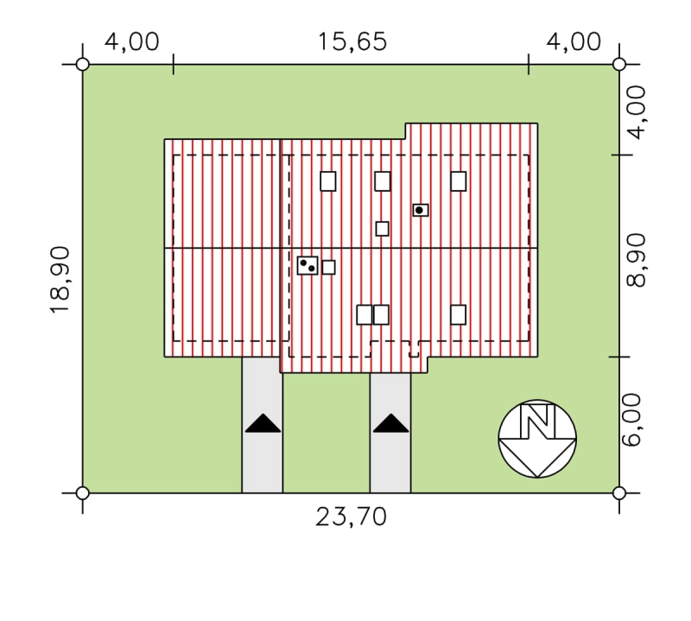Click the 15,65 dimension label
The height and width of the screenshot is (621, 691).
(352, 42)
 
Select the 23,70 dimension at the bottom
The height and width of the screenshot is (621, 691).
(352, 516)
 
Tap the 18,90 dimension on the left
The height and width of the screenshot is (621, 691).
(60, 280)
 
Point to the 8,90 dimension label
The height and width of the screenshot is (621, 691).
(636, 260)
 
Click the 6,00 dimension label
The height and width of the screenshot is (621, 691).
(634, 420)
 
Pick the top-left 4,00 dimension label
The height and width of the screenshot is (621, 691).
(132, 42)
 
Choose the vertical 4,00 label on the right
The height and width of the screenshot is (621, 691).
(636, 112)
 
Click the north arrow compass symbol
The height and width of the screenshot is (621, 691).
(537, 439)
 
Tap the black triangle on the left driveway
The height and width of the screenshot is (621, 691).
(263, 423)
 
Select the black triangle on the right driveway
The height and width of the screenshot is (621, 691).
(391, 423)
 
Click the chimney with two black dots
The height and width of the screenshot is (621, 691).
(307, 265)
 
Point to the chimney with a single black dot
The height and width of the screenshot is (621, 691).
(421, 210)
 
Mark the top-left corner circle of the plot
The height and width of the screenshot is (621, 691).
(82, 65)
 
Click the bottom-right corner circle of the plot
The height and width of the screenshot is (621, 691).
(619, 493)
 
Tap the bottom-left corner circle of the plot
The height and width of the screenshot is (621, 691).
(82, 493)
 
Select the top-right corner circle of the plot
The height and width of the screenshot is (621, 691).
(619, 65)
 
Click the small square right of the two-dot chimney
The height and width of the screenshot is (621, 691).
(328, 267)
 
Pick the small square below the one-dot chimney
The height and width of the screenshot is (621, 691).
(382, 229)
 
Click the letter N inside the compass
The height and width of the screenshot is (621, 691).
(537, 421)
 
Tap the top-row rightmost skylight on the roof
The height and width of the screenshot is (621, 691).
(459, 181)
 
